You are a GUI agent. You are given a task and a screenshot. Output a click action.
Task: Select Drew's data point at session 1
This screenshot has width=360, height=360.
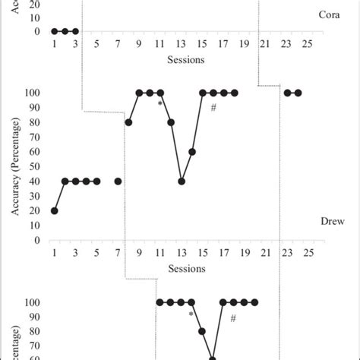pos(54,210)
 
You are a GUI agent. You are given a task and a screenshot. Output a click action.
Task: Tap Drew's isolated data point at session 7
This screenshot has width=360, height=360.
pos(118,181)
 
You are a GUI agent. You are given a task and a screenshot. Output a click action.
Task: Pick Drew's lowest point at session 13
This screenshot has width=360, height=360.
pos(182,181)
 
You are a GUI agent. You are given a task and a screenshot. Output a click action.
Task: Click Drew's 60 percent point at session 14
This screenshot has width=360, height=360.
pos(192,152)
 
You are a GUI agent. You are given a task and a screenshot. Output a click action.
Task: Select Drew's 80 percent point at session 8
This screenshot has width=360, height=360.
pos(128,122)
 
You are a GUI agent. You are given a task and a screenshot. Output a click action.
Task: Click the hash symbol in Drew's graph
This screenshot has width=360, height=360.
pos(213,108)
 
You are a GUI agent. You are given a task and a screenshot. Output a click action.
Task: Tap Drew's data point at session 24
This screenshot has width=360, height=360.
pos(298,93)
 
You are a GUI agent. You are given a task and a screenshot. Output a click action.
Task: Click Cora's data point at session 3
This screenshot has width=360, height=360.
pos(75,31)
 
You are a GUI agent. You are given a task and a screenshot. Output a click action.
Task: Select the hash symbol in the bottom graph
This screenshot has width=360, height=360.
pos(234,317)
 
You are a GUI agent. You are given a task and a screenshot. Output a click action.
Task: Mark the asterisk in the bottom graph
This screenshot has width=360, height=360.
pos(191,313)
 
